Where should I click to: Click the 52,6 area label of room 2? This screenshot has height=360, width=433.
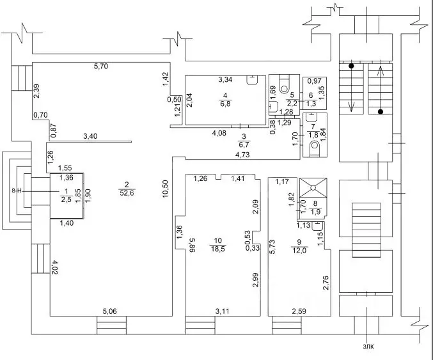coord(127,193)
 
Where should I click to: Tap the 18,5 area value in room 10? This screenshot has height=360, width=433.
coord(218,249)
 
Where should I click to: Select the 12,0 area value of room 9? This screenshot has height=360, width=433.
coord(299,251)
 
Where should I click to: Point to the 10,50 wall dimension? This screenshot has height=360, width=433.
coord(165,189)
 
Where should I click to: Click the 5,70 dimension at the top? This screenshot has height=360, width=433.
coord(101,67)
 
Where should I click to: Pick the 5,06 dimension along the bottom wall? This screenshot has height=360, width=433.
coord(109,311)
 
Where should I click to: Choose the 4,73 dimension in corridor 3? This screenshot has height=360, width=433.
coord(242,155)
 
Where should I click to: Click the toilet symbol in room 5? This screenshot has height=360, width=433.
coord(284,85)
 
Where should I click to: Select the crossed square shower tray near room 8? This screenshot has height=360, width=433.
coord(313,188)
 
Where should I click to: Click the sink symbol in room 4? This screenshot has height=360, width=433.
coord(252,80)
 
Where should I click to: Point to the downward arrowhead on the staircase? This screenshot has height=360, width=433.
coord(351,107)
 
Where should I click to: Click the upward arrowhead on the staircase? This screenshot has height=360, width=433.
coord(381,71)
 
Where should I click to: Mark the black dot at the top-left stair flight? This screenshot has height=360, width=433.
coord(351,66)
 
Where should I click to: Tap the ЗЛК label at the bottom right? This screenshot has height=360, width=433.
coord(368,347)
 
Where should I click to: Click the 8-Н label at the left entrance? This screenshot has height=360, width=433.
coord(17,191)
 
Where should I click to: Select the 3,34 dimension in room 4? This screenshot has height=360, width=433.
coord(225,80)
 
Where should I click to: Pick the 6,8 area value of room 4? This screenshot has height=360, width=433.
coord(225,104)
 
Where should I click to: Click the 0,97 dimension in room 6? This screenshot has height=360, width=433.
coord(314,81)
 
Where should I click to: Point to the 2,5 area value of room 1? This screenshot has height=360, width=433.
coord(66,200)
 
